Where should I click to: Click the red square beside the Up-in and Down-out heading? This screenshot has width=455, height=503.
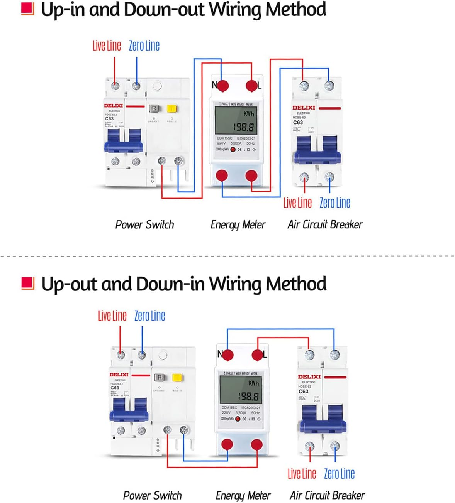(x=27, y=9)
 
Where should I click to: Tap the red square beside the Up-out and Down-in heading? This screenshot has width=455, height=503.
(x=28, y=283)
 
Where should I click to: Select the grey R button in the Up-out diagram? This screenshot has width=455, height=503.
(x=160, y=377)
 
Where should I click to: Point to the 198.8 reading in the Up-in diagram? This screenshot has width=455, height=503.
(x=243, y=127)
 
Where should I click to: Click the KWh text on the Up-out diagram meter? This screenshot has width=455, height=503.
(x=253, y=383)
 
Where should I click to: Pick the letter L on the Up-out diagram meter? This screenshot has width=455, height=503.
(x=265, y=354)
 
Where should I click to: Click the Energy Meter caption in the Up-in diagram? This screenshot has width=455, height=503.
(x=238, y=224)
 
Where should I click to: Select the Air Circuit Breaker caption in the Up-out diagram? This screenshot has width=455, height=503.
(x=327, y=495)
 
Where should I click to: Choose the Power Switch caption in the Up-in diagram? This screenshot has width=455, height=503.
(x=144, y=224)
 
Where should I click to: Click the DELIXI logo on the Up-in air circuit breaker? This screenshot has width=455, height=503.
(x=304, y=108)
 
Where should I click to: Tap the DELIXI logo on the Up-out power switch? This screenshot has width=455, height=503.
(x=119, y=375)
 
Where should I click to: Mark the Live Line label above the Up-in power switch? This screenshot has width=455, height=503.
(x=107, y=46)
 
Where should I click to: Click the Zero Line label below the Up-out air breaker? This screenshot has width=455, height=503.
(x=339, y=473)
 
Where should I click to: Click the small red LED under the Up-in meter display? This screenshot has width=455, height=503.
(x=233, y=149)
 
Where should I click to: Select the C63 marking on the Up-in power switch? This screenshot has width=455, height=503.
(x=109, y=119)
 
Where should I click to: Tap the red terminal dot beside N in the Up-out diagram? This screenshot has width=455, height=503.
(x=228, y=355)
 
